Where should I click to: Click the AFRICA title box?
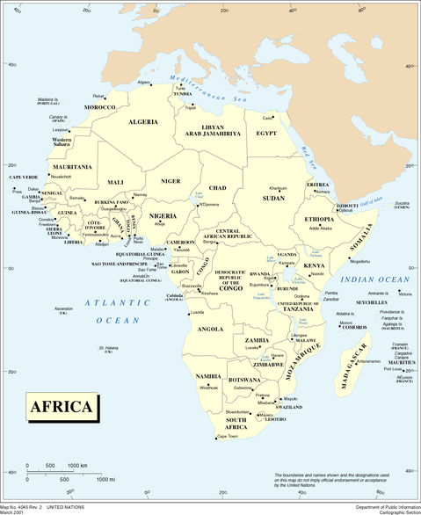[x=61, y=406]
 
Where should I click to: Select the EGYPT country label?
[x=266, y=133]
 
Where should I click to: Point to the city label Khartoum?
[x=278, y=188]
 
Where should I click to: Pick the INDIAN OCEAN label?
[x=375, y=279]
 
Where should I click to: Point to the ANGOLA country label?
[x=210, y=329]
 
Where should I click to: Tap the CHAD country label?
[x=218, y=187]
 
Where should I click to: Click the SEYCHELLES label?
[x=379, y=304]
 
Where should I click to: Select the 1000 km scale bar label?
[x=77, y=465]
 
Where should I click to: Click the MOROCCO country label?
[x=99, y=107]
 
